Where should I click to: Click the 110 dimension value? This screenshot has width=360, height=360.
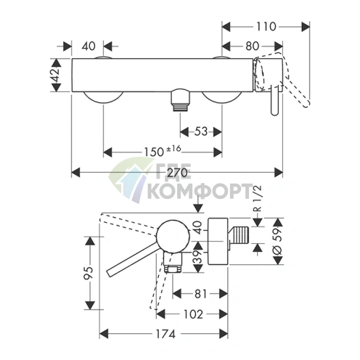tap(266, 27)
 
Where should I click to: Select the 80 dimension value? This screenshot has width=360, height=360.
tap(252, 46)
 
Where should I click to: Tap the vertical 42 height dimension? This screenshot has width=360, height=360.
tap(56, 75)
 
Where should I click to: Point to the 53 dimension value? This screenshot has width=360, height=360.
tap(201, 132)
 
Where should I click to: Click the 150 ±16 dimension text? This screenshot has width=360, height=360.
tap(163, 152)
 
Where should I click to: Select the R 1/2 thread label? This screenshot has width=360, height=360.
tap(258, 199)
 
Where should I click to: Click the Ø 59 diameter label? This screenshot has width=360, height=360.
tap(278, 241)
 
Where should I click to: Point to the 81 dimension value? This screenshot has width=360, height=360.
tap(200, 294)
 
